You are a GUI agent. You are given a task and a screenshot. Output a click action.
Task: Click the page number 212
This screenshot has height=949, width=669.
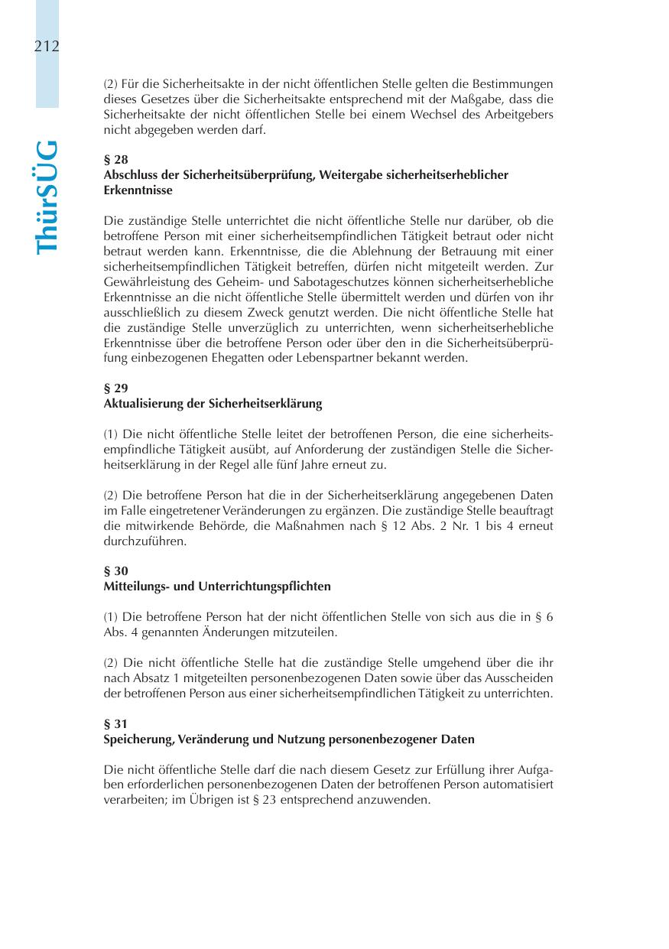coord(47,47)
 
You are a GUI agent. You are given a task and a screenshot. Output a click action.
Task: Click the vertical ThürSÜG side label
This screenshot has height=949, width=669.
coord(47,197)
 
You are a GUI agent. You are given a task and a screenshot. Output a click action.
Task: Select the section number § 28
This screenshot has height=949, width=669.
coord(115,161)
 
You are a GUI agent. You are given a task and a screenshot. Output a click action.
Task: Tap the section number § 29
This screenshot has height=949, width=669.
coord(115,388)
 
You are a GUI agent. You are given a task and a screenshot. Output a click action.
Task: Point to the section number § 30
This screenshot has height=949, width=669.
coord(115,571)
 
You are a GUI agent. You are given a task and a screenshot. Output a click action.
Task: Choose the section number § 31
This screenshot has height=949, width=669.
coord(115,723)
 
